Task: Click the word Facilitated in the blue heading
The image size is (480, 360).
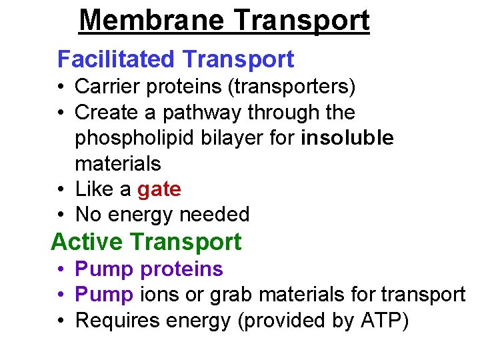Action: (115, 59)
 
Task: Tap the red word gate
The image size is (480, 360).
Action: (159, 190)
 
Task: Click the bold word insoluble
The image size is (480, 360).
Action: (347, 138)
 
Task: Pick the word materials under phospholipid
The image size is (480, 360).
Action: (118, 163)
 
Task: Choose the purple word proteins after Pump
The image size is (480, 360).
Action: (182, 269)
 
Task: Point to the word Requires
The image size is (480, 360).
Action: (117, 320)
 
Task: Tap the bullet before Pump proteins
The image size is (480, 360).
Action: (59, 269)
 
